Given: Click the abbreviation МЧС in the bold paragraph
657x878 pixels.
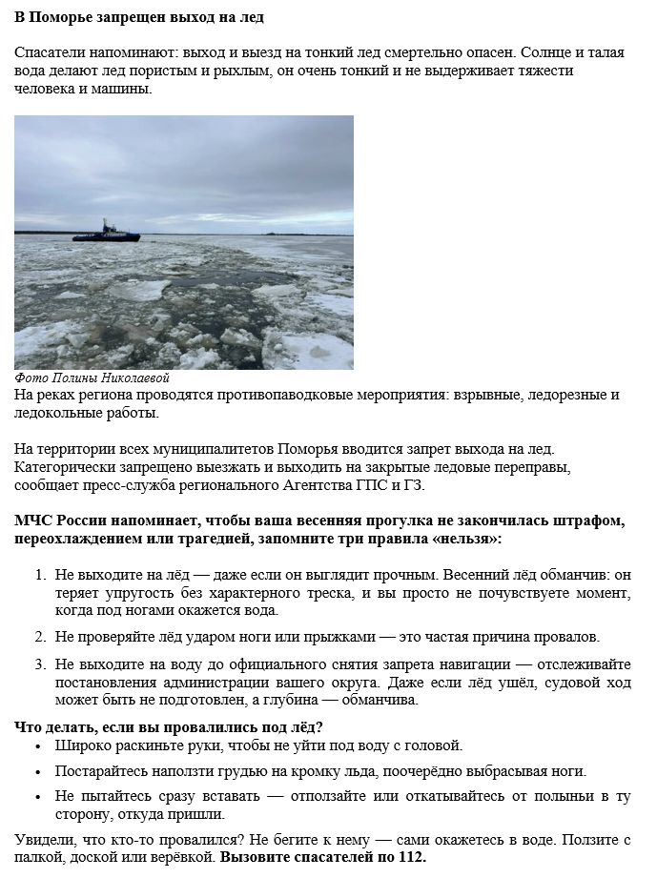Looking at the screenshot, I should click(x=33, y=521).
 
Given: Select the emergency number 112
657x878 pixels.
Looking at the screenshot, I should click(x=410, y=857).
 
